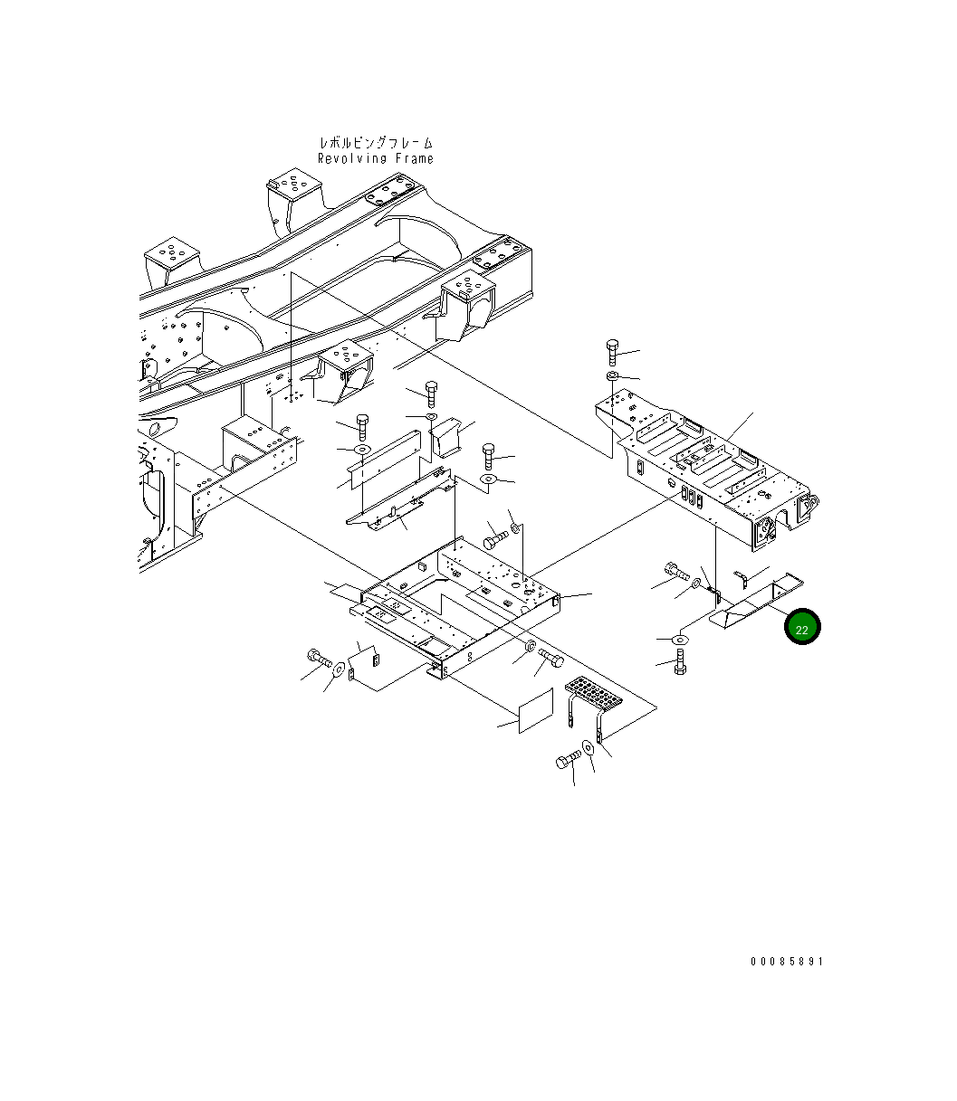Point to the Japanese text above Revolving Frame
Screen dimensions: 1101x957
coord(375,143)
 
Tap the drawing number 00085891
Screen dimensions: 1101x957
coord(786,962)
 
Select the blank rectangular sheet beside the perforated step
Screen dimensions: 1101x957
coord(535,710)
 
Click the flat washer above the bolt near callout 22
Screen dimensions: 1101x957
coord(679,641)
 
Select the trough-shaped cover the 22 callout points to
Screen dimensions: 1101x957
coord(751,604)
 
